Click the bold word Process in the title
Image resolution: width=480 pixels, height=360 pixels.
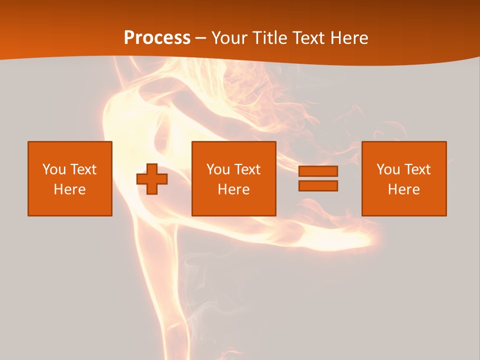(x=157, y=37)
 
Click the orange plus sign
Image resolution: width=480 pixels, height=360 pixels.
(x=152, y=179)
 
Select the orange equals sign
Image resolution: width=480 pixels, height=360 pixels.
(x=318, y=178)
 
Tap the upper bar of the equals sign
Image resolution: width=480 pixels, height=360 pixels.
(x=318, y=171)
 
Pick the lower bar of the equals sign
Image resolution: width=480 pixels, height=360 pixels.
(x=318, y=185)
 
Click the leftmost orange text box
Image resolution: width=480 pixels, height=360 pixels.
(x=70, y=178)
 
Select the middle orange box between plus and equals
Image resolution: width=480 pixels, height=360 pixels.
(x=233, y=178)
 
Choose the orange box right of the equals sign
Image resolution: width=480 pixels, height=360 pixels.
(x=403, y=178)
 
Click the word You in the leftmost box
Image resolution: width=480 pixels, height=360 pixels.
(x=53, y=169)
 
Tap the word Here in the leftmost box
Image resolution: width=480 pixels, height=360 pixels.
(x=70, y=189)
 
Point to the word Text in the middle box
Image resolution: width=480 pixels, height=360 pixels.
(x=247, y=169)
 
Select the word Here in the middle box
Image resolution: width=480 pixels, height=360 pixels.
(x=233, y=189)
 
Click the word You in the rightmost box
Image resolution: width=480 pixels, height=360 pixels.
(x=387, y=169)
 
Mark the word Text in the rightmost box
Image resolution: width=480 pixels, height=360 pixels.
(x=417, y=169)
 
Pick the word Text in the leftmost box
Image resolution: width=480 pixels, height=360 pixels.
(x=83, y=169)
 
